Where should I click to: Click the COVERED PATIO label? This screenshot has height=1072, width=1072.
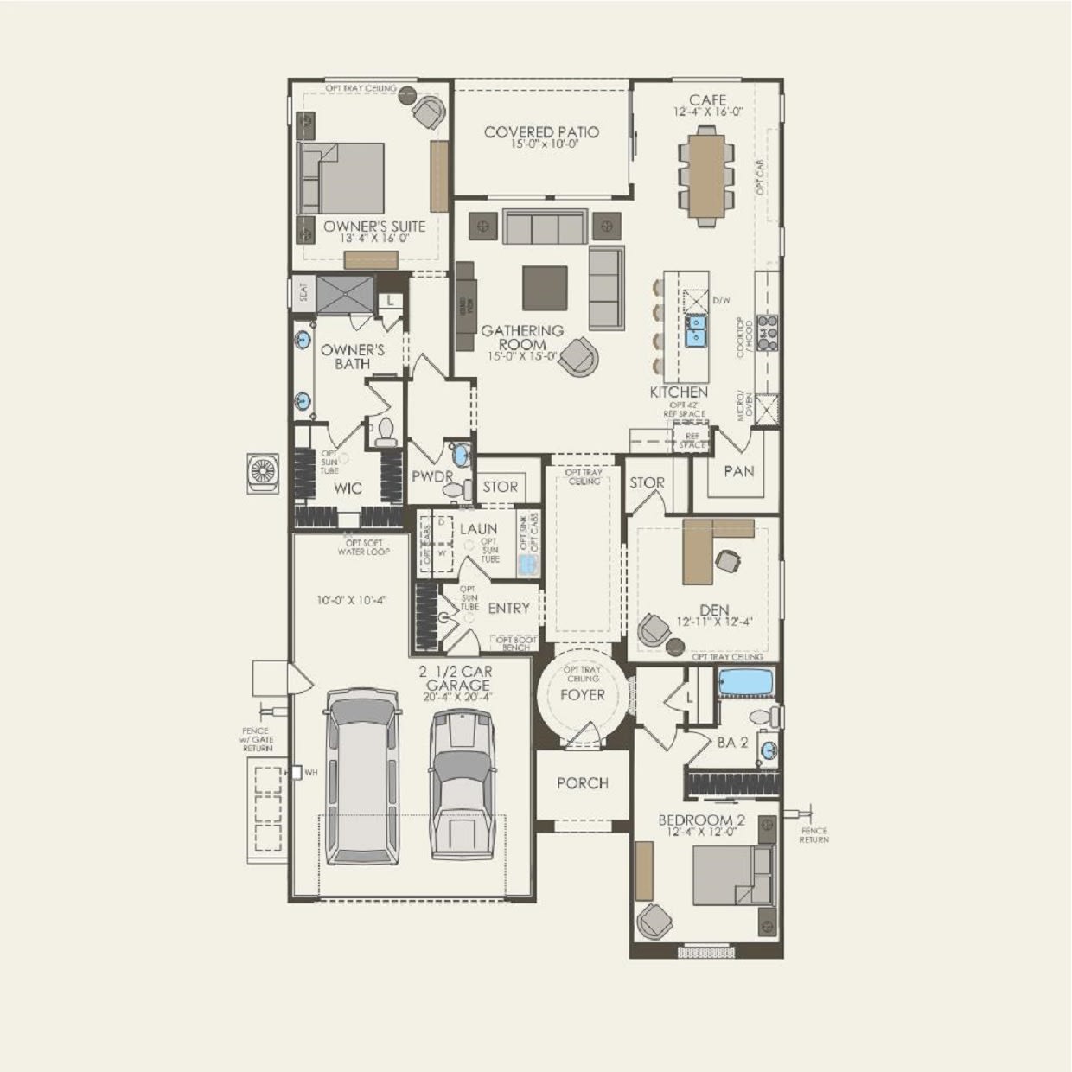pos(541,132)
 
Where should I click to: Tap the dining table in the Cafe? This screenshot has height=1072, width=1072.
pos(707,176)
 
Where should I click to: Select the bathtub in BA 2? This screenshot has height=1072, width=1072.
pos(747,682)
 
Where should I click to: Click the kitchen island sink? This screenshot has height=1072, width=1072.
pos(695,330)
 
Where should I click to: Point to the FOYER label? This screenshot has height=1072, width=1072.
pos(583,694)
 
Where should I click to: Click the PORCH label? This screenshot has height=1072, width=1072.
pos(582,783)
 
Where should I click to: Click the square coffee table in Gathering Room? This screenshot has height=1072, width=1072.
pos(545,287)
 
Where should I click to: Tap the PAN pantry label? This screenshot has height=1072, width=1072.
pos(737,471)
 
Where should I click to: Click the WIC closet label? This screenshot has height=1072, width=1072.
pos(348,488)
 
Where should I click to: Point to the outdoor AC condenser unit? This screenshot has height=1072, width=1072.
pos(263,473)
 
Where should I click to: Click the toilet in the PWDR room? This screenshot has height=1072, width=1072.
pos(453,490)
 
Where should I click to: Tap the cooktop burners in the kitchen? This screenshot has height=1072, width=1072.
pos(767,332)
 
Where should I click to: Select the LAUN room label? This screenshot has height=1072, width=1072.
pos(478,529)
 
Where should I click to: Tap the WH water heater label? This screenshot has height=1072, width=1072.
pos(310,772)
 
